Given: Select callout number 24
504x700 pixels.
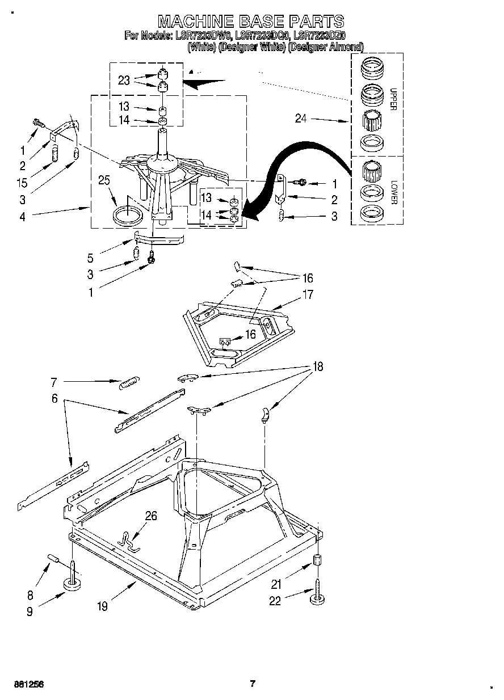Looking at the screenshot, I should click(301, 119).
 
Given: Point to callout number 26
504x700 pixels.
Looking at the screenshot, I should click(151, 516).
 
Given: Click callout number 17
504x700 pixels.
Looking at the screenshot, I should click(307, 294).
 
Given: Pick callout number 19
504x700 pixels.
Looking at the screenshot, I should click(102, 606).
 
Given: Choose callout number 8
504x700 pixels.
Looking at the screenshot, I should click(30, 594).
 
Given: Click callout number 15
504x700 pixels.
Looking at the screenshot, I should click(22, 184).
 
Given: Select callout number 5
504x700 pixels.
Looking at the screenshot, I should click(90, 258).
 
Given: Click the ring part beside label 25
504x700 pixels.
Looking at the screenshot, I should click(128, 216).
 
